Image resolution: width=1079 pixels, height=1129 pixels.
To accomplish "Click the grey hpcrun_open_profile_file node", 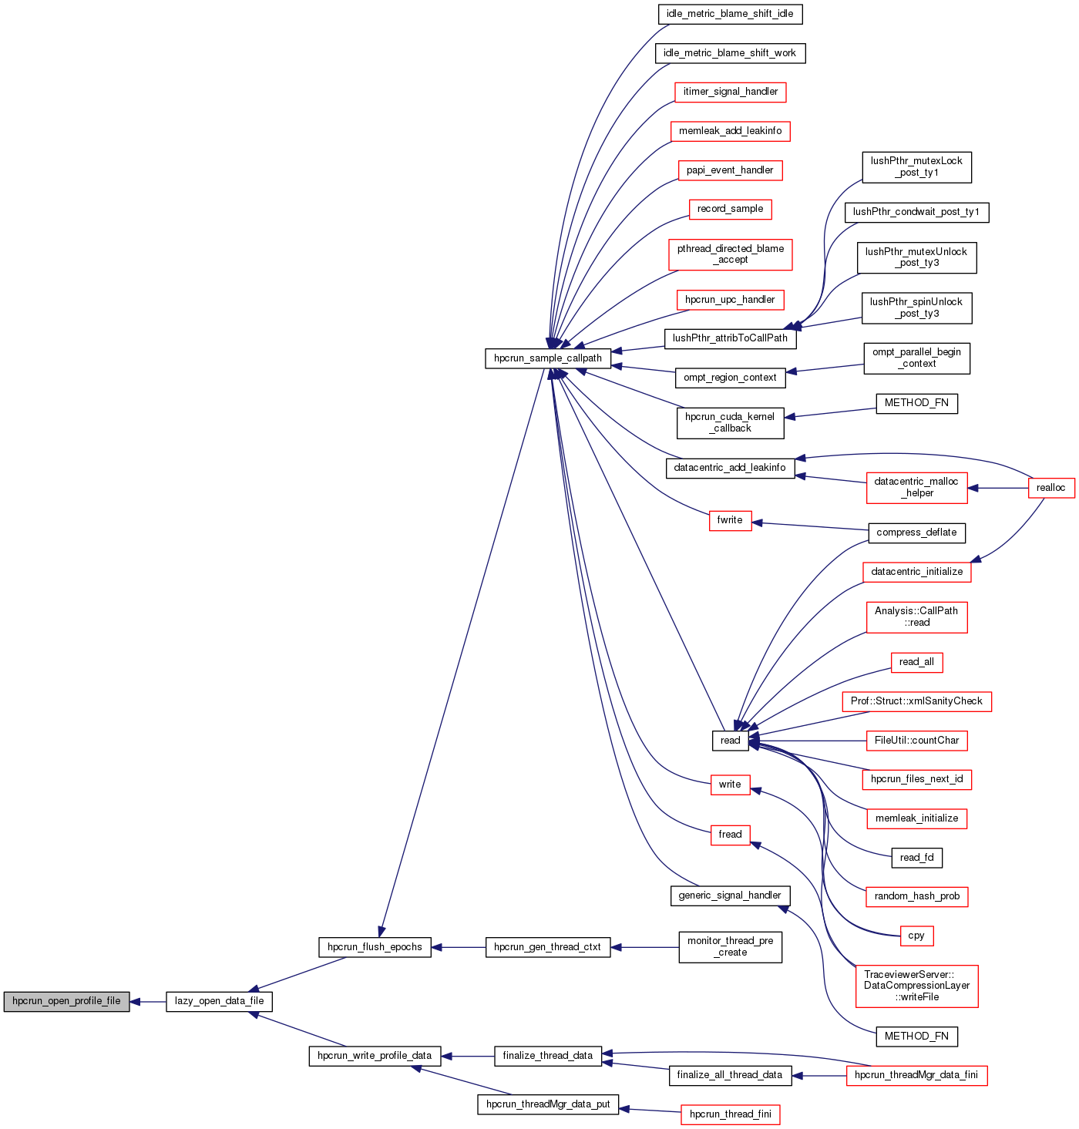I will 66,1001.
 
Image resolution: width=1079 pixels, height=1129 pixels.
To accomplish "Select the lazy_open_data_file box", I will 219,1001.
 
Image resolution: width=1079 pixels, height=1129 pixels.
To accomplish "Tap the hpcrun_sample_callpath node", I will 547,358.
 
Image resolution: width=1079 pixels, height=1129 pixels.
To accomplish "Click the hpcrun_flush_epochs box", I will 375,947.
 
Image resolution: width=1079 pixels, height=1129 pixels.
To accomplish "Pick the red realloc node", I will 1050,488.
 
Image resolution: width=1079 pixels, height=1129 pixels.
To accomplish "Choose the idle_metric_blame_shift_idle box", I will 730,14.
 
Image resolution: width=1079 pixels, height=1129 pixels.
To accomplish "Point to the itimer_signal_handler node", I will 730,92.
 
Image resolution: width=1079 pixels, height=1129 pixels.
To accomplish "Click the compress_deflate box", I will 916,533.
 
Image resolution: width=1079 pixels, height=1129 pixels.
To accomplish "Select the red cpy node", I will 916,936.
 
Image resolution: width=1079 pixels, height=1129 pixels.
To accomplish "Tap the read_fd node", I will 916,858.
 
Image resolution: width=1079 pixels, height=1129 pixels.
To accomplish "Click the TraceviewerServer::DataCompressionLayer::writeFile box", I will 916,986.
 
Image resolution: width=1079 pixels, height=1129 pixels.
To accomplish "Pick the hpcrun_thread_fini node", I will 730,1114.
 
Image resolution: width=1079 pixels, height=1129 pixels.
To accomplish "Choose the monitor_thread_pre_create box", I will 730,946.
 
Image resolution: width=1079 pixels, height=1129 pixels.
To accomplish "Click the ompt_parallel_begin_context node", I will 916,358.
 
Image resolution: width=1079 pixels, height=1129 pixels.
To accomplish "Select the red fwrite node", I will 730,520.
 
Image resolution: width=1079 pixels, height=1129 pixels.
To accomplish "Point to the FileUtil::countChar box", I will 916,741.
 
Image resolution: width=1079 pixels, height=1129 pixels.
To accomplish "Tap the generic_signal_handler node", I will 730,895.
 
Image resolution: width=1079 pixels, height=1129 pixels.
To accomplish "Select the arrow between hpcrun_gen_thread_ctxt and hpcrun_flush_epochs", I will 459,947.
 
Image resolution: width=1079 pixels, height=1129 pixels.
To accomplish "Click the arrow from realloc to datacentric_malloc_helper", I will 998,488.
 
